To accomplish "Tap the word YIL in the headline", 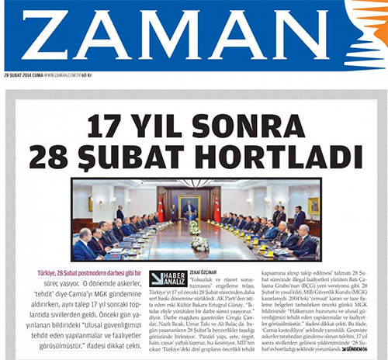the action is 156,125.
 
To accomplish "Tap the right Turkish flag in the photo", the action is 217,208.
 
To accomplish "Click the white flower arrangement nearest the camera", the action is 199,244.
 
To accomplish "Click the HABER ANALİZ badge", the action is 165,278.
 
